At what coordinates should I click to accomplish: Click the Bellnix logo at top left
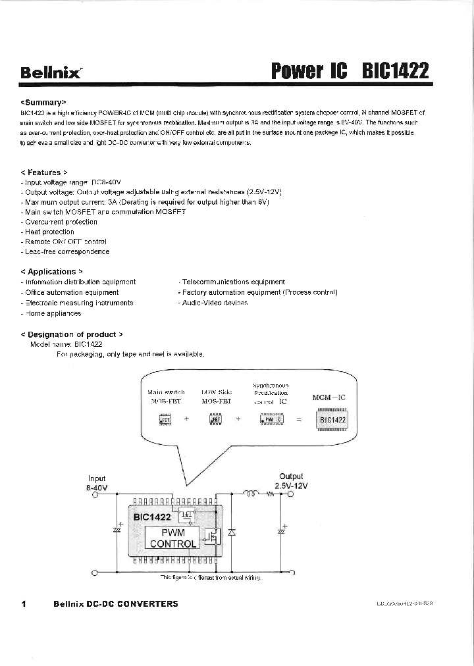click(51, 72)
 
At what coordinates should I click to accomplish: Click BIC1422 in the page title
click(395, 71)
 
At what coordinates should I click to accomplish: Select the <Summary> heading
click(44, 103)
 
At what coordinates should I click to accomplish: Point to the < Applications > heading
click(52, 271)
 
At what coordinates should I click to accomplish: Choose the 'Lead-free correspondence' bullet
click(65, 251)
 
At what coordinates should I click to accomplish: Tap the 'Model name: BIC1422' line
click(66, 344)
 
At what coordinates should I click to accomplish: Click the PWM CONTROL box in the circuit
click(172, 538)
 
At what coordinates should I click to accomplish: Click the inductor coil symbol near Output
click(251, 495)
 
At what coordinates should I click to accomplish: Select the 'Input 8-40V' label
click(97, 483)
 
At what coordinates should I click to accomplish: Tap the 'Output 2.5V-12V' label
click(291, 481)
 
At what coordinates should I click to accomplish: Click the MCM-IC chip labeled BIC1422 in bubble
click(332, 420)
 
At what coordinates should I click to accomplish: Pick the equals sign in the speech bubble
click(299, 419)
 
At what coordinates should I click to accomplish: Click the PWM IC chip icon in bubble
click(271, 419)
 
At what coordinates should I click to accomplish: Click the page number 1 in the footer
click(24, 603)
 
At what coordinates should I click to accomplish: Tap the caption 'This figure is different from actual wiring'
click(211, 577)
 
